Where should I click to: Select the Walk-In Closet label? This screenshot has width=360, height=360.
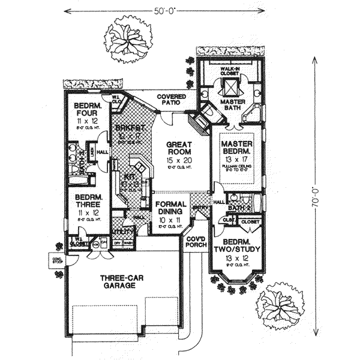(x=229, y=71)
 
